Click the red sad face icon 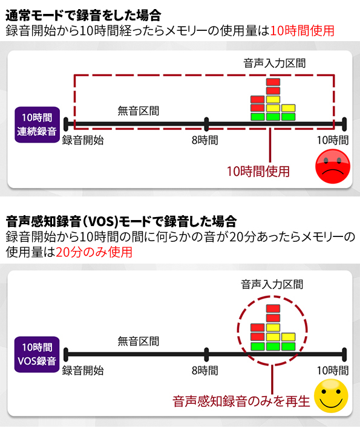pos(333,166)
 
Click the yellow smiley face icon pos(331,396)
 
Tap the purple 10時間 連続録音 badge pos(37,125)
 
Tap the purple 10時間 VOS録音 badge pos(37,354)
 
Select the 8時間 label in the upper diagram pos(205,140)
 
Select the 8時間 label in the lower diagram pos(205,371)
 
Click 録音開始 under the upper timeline pos(83,140)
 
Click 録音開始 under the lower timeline pos(83,371)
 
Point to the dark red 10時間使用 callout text pos(258,172)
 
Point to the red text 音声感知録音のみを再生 pos(241,401)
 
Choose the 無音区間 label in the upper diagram pos(138,111)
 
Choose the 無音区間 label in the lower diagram pos(138,341)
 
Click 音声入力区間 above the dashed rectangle pos(275,63)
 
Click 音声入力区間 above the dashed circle pos(272,284)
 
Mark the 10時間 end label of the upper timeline pos(333,140)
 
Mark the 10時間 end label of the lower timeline pos(333,371)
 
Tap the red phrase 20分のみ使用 pos(94,252)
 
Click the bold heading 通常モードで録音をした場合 pos(83,15)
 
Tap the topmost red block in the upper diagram pos(273,82)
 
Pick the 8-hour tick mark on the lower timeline pos(206,355)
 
